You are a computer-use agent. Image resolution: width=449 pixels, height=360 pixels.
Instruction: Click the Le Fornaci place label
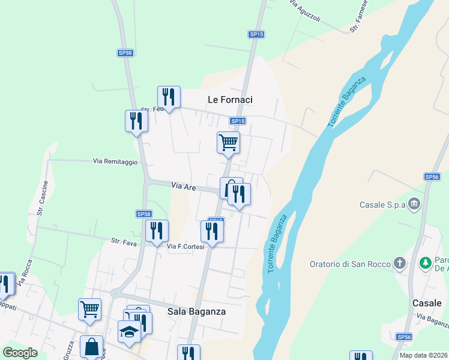pos(230,100)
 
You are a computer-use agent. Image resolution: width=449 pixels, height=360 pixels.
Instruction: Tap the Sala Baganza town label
pos(196,311)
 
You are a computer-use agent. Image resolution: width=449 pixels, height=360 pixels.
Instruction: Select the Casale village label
pos(427,303)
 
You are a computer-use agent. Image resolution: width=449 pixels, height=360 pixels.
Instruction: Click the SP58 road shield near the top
pos(125,53)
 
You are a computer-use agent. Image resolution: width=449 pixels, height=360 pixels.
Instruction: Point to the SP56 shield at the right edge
pos(432,176)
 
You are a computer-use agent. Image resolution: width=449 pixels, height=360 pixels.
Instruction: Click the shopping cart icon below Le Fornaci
pos(228,143)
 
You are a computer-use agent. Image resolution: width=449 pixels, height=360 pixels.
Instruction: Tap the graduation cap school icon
pos(129,332)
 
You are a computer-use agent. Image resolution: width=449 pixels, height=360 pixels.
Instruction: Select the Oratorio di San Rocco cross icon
pos(400,263)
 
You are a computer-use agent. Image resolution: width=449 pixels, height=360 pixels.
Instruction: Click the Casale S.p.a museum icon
pos(414,204)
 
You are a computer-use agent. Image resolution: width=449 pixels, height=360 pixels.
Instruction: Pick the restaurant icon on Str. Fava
pos(157,230)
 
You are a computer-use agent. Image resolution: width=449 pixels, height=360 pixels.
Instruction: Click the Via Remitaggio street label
pos(115,161)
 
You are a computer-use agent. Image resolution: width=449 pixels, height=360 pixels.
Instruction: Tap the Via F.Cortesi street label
pos(185,247)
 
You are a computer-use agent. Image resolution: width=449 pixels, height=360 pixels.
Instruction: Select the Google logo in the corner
pos(20,353)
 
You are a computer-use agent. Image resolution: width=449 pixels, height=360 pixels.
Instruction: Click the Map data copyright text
pos(423,355)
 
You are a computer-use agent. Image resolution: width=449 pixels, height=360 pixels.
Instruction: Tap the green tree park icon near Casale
pos(426,263)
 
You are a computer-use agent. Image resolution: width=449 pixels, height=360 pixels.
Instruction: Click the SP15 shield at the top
pos(256,34)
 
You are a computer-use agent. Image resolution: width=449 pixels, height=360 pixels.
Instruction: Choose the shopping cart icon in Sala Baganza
pos(89,309)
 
